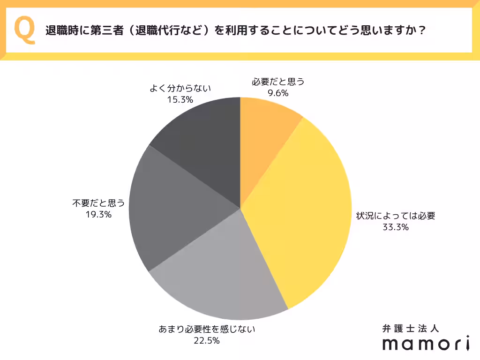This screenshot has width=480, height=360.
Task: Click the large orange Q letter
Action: pos(24,30)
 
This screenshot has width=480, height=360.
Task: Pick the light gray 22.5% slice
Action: pos(225,277)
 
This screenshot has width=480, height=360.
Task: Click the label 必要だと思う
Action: pos(278,82)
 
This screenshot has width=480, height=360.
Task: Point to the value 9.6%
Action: pos(278,93)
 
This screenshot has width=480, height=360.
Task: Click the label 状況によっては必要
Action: pos(396,217)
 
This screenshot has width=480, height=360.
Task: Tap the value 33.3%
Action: pos(396,228)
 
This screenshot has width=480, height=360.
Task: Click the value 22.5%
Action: pos(207,341)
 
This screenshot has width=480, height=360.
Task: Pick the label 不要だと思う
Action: pos(98,203)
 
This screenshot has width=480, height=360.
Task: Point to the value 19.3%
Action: pos(98,215)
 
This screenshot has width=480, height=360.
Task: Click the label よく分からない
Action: pos(180,88)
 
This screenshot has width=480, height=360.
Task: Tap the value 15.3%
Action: pos(180,99)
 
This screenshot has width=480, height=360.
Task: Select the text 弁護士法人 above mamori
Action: pos(410,329)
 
